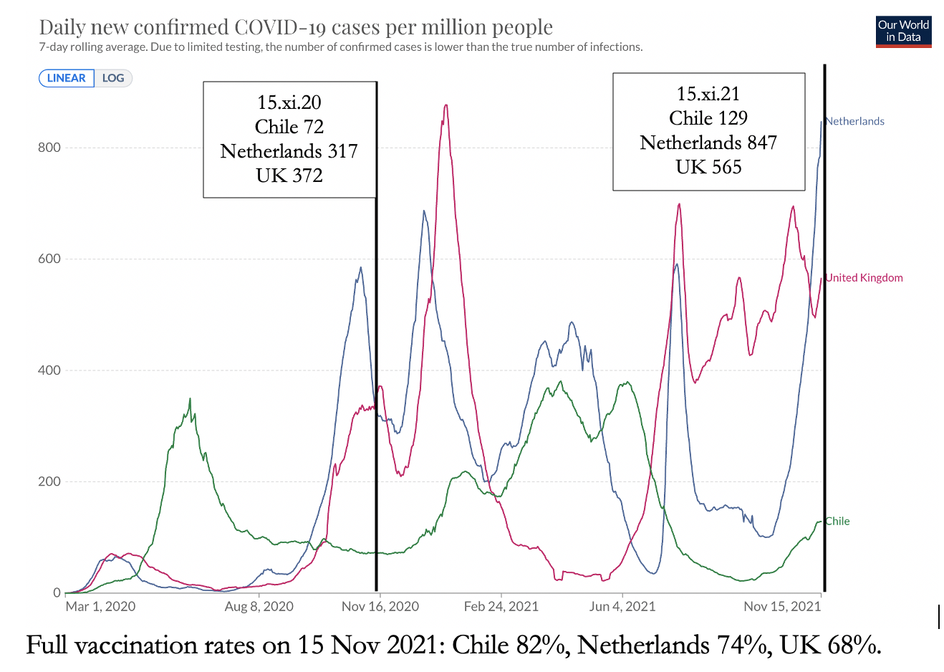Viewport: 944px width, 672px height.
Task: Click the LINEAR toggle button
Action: click(67, 78)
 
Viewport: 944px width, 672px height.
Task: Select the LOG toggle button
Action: click(113, 78)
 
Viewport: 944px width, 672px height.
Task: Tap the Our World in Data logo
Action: click(903, 32)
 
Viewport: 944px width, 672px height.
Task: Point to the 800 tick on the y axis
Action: click(49, 148)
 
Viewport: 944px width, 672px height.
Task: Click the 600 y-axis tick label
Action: click(49, 259)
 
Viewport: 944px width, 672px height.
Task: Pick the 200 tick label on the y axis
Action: click(49, 481)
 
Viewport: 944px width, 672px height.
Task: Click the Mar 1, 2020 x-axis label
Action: click(100, 607)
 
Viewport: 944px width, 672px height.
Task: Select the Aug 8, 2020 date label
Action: click(259, 607)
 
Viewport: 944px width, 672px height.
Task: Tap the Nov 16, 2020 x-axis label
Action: click(380, 607)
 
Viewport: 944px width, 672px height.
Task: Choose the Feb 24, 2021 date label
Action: click(501, 607)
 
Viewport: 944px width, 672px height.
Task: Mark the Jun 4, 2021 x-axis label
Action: click(622, 607)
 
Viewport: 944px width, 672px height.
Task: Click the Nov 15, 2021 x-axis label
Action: click(782, 607)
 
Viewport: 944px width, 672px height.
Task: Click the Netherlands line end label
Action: click(854, 121)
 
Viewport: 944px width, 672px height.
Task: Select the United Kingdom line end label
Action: click(864, 278)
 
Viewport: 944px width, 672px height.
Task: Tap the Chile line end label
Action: click(837, 522)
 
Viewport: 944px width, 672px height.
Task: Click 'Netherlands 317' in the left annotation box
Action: click(289, 151)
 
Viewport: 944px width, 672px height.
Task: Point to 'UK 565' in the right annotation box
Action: click(708, 167)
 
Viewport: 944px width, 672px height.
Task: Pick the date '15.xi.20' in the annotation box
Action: click(289, 102)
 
